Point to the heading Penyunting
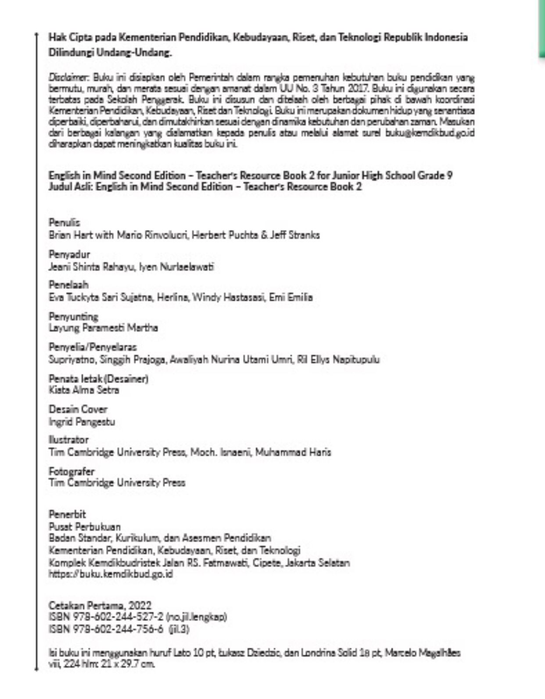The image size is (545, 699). pyautogui.click(x=73, y=316)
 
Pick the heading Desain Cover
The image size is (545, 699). pyautogui.click(x=78, y=409)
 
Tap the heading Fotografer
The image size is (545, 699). pyautogui.click(x=72, y=472)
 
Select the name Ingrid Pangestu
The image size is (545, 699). pyautogui.click(x=82, y=422)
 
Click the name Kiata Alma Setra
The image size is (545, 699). pyautogui.click(x=84, y=390)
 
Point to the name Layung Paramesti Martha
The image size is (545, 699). pyautogui.click(x=103, y=328)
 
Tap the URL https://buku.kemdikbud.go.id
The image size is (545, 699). pyautogui.click(x=111, y=574)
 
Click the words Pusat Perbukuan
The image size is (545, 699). pyautogui.click(x=85, y=527)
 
